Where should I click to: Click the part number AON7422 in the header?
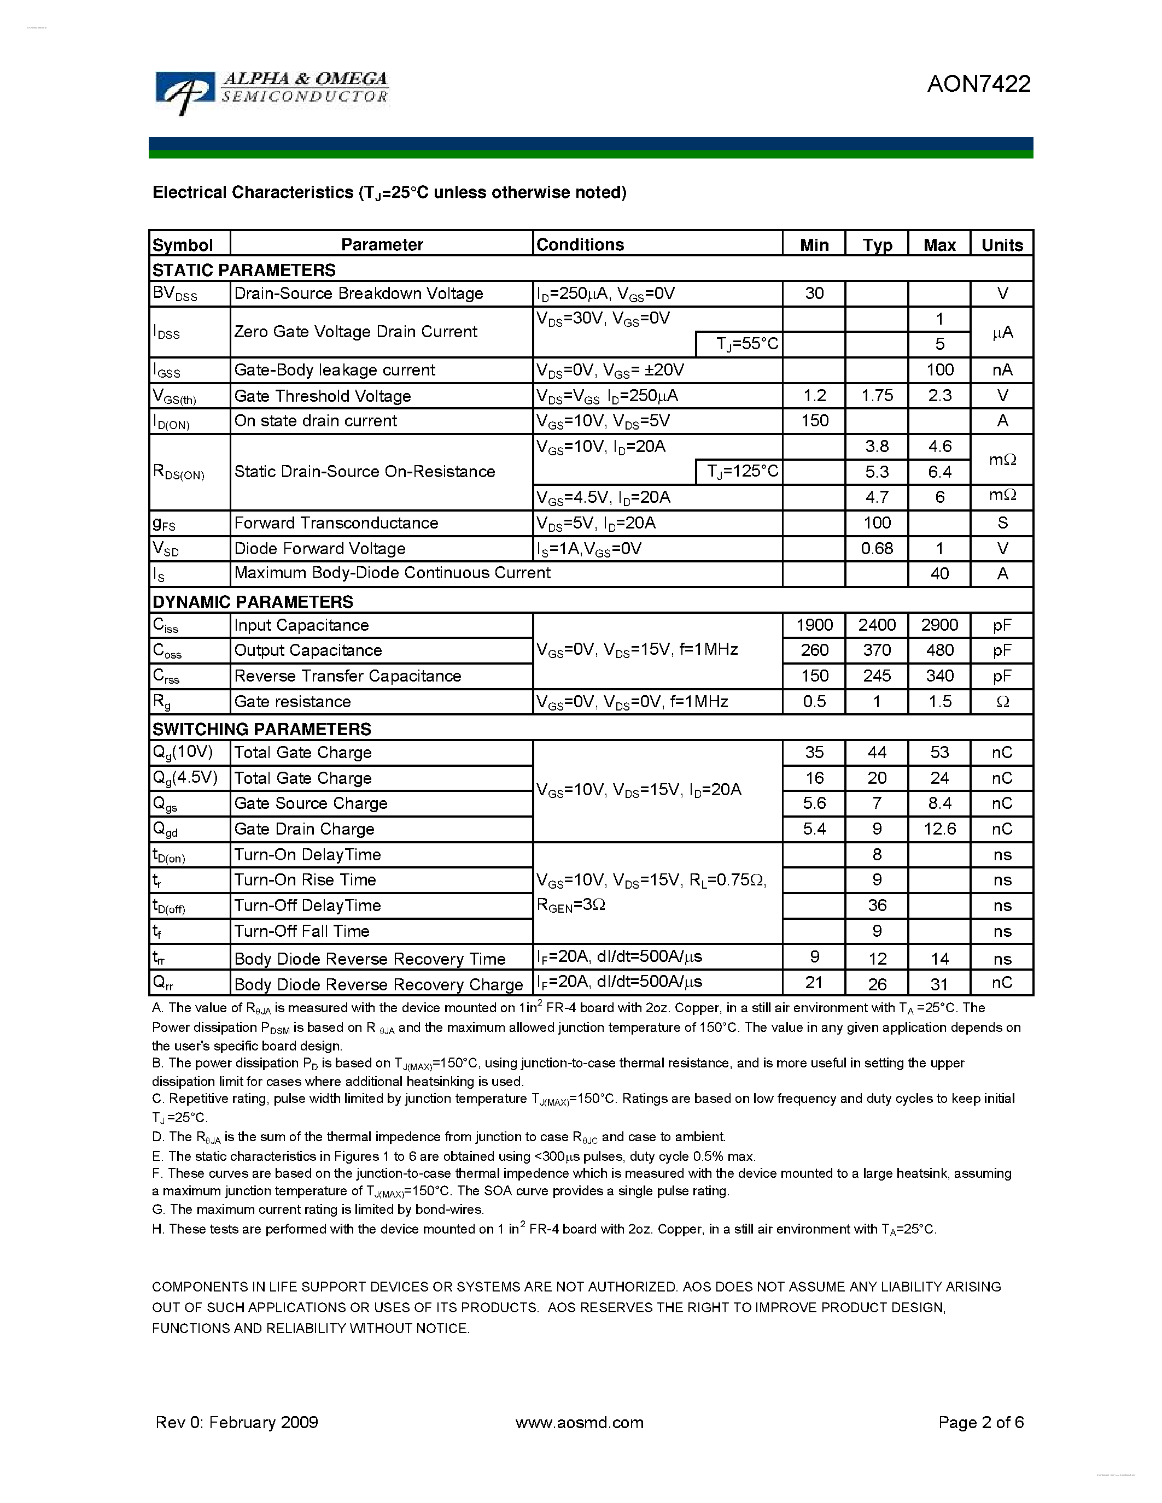[978, 84]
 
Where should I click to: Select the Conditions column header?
[580, 244]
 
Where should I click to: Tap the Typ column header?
[877, 245]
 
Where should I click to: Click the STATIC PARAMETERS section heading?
[244, 270]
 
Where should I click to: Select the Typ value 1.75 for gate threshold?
[877, 395]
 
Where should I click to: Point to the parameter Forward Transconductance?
[336, 522]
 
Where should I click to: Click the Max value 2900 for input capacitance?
[939, 625]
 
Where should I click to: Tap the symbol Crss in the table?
[166, 677]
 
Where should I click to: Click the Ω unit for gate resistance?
[1002, 701]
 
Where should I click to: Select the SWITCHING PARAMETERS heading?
[261, 729]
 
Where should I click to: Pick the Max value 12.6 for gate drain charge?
[939, 829]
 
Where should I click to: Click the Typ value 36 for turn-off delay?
[877, 905]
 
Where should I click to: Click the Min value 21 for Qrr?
[814, 983]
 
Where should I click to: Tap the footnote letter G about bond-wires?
[157, 1209]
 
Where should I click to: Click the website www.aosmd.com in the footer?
[579, 1423]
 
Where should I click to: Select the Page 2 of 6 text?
[980, 1423]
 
